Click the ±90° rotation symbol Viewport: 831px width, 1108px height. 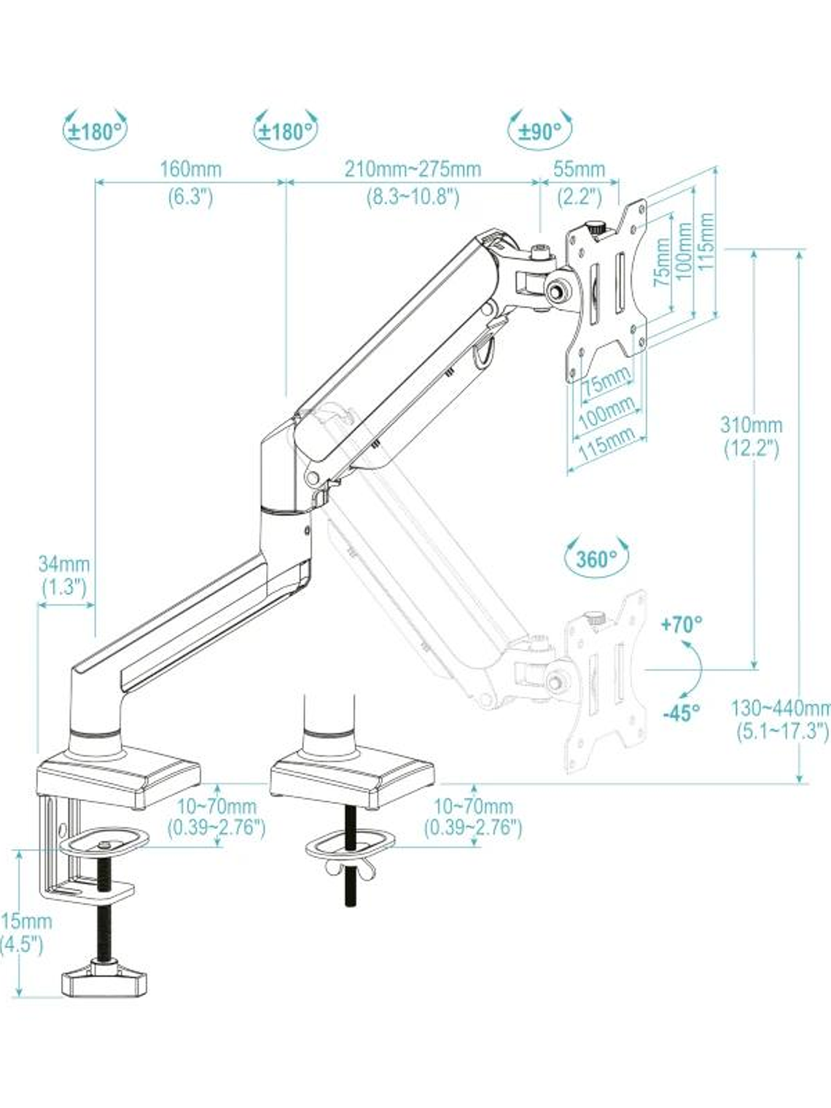coord(540,130)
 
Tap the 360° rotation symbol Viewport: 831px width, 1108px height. coord(596,558)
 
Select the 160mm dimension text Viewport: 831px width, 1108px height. coord(190,169)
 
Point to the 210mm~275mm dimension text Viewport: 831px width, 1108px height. coord(413,169)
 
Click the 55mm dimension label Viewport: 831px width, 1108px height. coord(579,169)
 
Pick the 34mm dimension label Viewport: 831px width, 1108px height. coord(64,563)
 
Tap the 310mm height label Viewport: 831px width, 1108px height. coord(751,424)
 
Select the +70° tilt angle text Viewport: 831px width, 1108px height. coord(681,624)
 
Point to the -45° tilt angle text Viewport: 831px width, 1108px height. coord(681,712)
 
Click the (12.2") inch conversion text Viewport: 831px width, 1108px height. coord(751,448)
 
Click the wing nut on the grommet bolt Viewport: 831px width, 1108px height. coord(350,867)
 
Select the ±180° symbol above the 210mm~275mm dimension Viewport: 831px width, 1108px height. coord(286,131)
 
